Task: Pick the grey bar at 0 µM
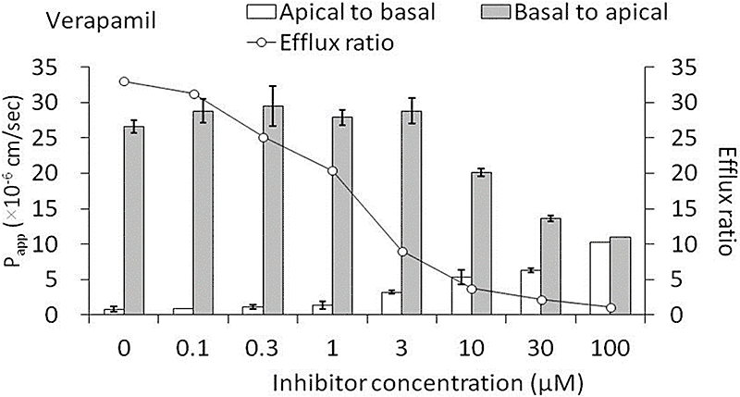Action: [x=134, y=220]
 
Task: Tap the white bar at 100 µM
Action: [x=599, y=279]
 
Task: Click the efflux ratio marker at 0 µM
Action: [x=124, y=81]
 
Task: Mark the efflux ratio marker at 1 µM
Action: [x=333, y=171]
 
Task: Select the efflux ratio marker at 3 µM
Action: [x=402, y=252]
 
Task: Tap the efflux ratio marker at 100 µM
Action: [x=610, y=307]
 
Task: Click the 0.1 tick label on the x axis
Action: [x=193, y=349]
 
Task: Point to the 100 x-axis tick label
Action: [x=610, y=349]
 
